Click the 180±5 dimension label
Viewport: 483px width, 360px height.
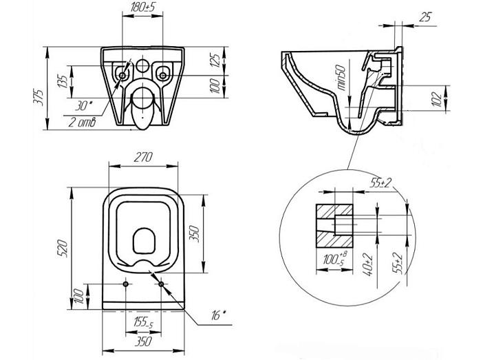(x=142, y=8)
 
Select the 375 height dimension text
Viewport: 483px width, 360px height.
(x=39, y=97)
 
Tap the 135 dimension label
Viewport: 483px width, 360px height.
(x=63, y=82)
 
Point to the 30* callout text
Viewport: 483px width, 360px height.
(x=83, y=106)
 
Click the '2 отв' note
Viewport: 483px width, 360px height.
(x=82, y=123)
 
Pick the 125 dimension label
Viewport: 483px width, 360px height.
(x=216, y=61)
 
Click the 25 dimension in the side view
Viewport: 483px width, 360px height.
(x=425, y=17)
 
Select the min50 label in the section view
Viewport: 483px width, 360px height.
(x=342, y=78)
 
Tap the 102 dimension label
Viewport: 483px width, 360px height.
(x=437, y=99)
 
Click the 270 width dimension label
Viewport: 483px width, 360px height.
(x=143, y=157)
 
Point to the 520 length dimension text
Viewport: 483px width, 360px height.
(x=63, y=248)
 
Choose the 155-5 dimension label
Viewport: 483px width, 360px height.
(x=143, y=323)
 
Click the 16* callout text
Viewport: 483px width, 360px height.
(x=218, y=315)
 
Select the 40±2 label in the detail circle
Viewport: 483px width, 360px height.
(x=368, y=265)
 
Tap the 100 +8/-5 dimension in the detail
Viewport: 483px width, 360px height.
(x=334, y=258)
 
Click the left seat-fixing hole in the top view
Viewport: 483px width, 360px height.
(x=126, y=284)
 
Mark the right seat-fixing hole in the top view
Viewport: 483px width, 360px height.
(x=161, y=284)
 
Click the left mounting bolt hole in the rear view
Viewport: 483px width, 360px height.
(x=122, y=75)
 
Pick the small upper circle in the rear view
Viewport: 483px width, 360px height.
(x=142, y=65)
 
